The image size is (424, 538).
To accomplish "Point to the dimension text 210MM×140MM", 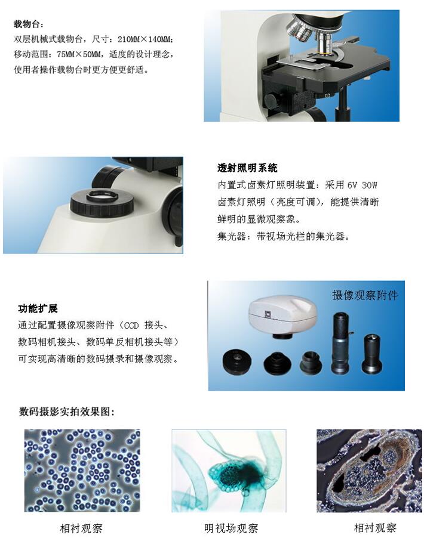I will pos(146,39).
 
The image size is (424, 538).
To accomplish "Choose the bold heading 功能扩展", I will pos(38,308).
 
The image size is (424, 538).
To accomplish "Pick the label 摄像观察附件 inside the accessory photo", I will pos(364,295).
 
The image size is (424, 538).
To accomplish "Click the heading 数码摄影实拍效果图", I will pos(67,412).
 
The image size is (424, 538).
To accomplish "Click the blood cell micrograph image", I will pos(82,470).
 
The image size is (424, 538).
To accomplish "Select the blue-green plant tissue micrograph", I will pos(229,470).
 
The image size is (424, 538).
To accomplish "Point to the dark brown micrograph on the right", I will pos(368,470).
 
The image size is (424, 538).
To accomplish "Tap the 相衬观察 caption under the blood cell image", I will pos(81,528).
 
